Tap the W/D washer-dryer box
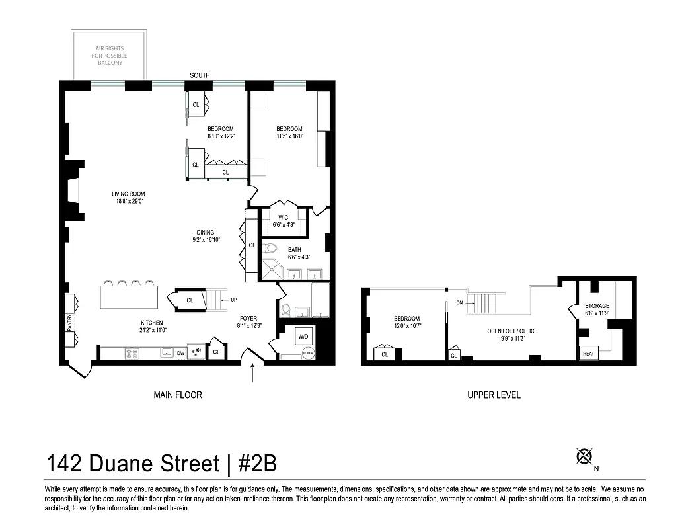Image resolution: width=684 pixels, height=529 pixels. point(303,336)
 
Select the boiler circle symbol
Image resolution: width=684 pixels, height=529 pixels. point(307,352)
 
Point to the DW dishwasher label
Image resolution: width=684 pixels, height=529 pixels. point(180,353)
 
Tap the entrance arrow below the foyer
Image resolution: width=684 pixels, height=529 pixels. point(253,374)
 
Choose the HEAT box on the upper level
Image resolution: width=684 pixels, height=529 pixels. point(588,354)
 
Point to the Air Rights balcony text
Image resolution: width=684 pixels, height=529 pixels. point(109,56)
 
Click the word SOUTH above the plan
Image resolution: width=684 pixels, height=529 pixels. point(200,75)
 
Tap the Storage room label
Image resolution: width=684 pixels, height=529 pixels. point(597,309)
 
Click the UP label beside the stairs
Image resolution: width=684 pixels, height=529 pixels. point(233,300)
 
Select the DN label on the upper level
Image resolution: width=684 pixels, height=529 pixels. point(460,303)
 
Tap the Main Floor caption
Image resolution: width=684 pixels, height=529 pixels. point(178,395)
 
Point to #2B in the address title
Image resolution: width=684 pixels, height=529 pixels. point(252,463)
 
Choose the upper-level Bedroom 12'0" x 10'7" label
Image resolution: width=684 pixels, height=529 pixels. point(406,322)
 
